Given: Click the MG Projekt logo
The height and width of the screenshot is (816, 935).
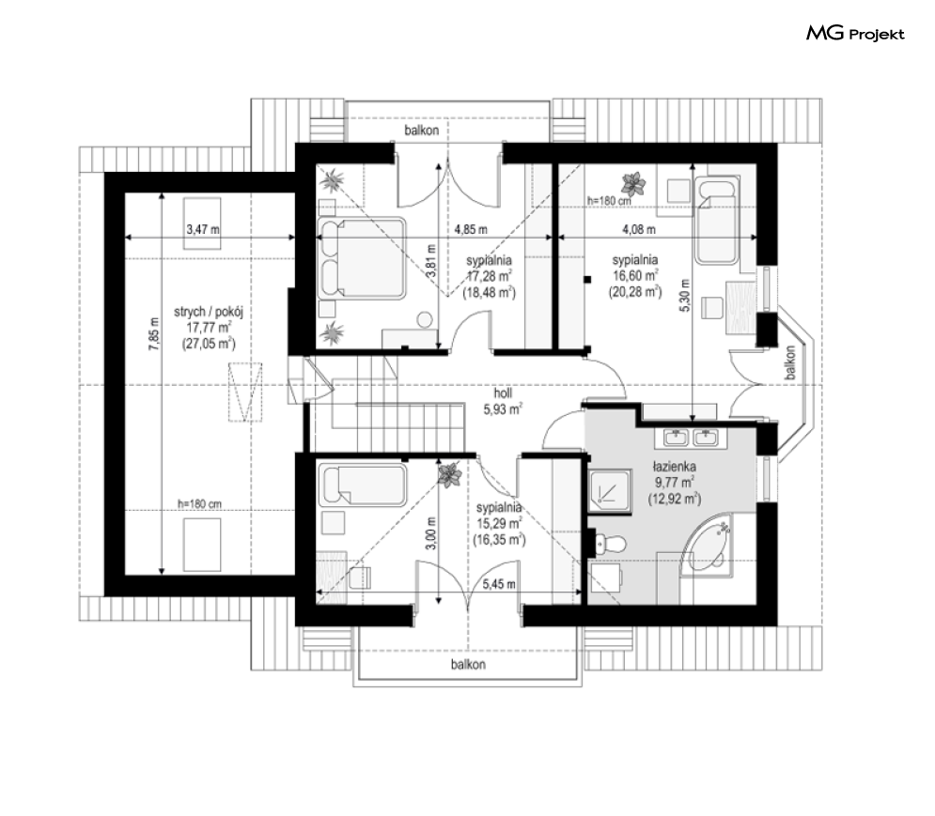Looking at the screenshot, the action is coord(855,34).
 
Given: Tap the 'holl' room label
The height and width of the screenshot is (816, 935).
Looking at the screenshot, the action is coord(503,393).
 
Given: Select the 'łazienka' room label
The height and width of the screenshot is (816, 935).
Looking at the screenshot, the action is coord(675,467).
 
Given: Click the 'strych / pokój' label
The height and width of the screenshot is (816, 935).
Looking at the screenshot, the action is coord(209,312).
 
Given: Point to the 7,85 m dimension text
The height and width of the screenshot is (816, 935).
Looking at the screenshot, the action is coord(154,333).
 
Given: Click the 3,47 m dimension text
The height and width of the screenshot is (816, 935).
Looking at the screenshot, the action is coord(203,229).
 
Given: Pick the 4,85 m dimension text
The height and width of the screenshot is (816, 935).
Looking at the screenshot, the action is coord(471,229).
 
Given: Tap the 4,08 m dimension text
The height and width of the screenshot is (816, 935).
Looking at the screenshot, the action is coord(639,229).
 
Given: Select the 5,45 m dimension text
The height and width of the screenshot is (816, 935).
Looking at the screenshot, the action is coord(499,584).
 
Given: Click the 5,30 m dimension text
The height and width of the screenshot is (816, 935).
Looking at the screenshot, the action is coord(684,296).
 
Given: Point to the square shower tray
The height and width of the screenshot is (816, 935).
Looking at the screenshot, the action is coord(610,491).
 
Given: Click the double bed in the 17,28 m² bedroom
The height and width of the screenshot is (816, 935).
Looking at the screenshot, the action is coord(362,258).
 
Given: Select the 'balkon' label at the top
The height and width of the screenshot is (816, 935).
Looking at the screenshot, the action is coord(422,130).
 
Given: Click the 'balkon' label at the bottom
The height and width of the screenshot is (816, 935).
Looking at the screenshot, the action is coord(468,664).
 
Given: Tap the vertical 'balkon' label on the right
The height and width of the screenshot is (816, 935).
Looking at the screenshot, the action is coord(790,362).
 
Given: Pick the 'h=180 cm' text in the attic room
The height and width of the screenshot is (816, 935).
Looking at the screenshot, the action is coord(200,504).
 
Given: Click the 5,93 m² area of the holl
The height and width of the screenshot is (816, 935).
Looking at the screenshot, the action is coord(504,408).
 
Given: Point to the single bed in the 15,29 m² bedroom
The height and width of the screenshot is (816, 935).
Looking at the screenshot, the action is coord(363,485).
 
